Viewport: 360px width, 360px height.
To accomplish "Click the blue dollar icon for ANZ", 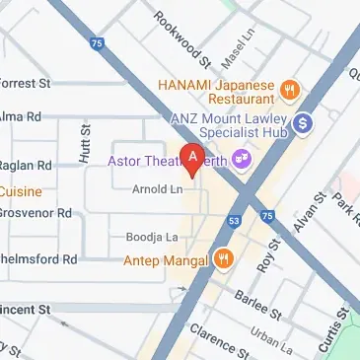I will (x=304, y=123).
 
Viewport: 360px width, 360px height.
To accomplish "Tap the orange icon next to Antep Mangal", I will (x=225, y=260).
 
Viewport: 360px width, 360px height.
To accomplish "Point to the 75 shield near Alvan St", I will (x=267, y=215).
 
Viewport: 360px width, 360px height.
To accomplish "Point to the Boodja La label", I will (x=151, y=238).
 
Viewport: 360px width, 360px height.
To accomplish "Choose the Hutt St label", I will (x=85, y=142).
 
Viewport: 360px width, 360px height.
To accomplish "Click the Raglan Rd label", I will (x=24, y=166).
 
